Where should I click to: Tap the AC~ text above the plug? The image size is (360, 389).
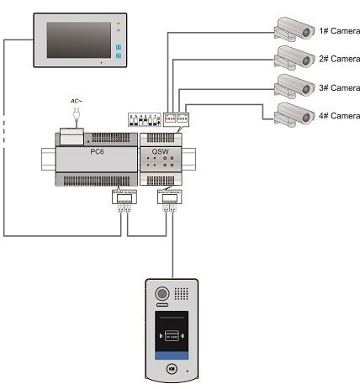tap(78, 101)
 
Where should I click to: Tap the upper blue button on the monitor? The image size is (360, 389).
tap(119, 47)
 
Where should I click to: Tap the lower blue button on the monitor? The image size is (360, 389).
tap(119, 57)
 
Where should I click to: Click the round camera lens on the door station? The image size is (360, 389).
tap(161, 295)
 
